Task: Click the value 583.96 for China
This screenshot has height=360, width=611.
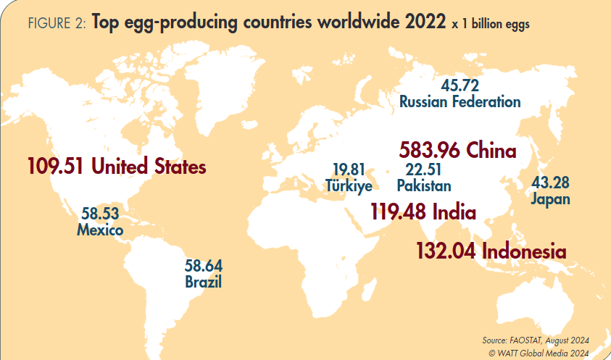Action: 431,151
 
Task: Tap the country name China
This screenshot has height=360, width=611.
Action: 491,151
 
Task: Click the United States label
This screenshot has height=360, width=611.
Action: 149,167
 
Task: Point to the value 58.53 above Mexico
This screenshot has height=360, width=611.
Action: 100,214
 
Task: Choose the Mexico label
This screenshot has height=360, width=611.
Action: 100,230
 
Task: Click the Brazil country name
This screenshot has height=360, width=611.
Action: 203,282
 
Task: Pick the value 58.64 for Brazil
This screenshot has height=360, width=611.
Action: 203,266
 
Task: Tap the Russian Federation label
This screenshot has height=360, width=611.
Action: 460,101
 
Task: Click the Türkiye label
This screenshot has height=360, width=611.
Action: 349,186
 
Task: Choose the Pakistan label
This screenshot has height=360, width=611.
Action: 424,186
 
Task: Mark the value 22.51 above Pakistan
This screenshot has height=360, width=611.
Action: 424,170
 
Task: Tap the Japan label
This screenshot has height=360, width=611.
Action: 550,198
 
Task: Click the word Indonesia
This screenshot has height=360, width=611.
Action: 523,251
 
